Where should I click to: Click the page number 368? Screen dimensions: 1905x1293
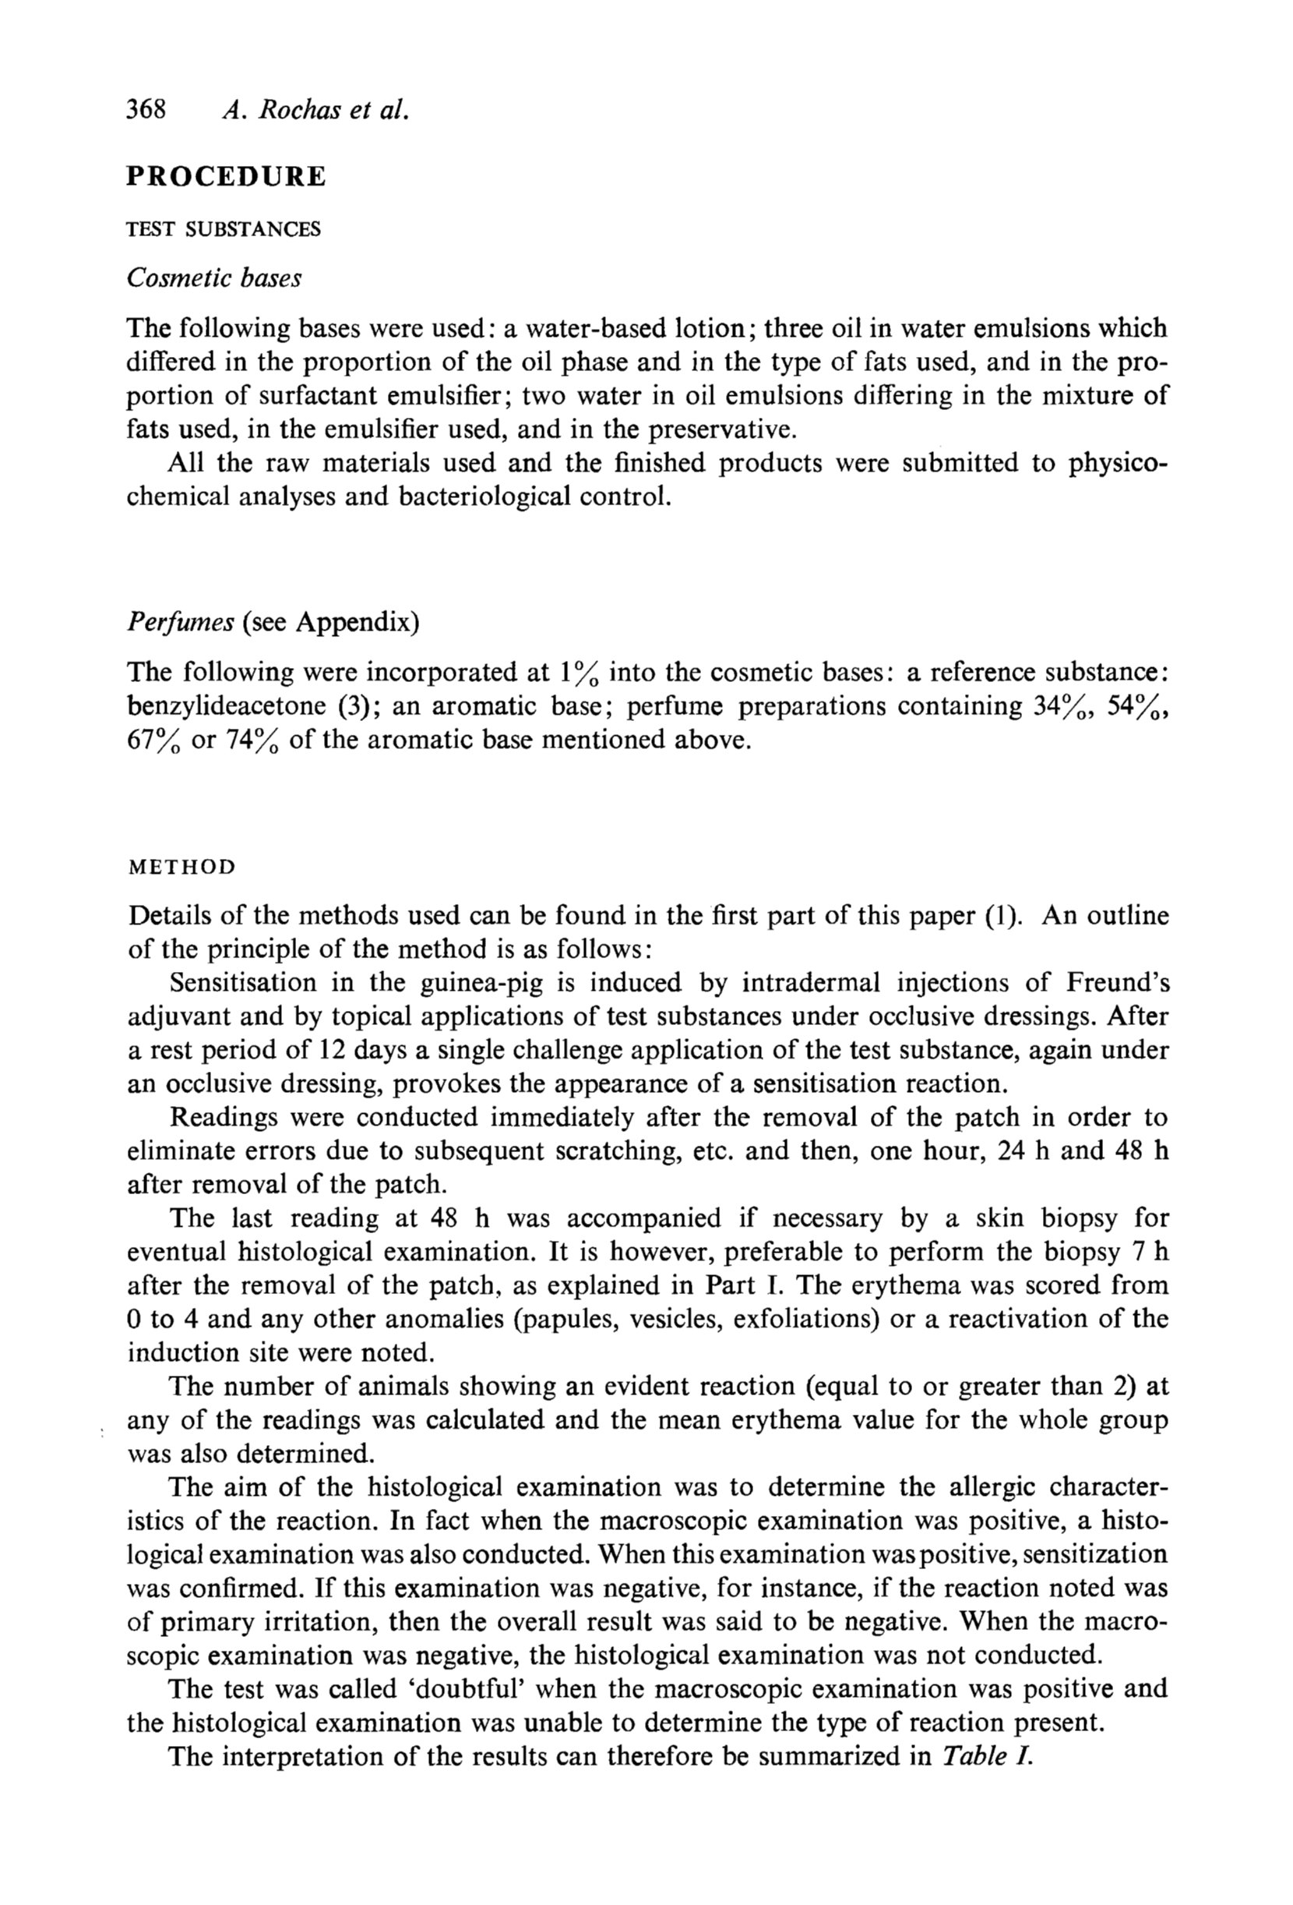click(146, 109)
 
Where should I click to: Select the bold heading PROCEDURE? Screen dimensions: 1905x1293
click(226, 176)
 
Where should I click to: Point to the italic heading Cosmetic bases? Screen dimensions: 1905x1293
click(214, 279)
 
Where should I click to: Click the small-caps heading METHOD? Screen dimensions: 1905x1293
click(182, 868)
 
